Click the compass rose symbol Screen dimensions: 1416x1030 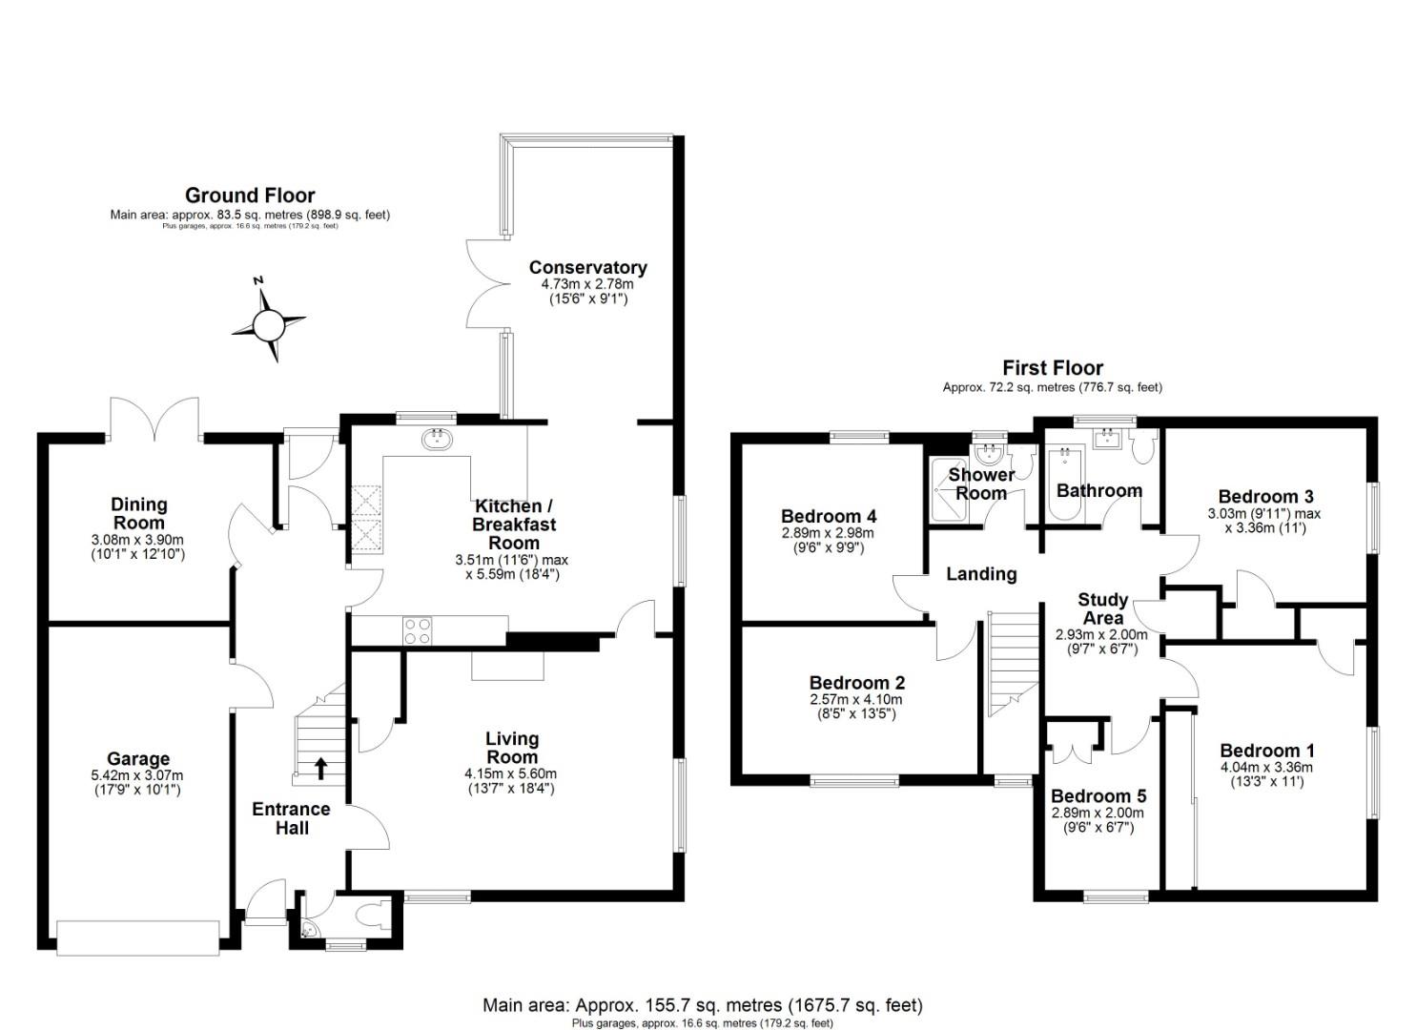269,325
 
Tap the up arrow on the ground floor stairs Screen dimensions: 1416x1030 321,769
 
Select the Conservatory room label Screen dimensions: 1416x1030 588,267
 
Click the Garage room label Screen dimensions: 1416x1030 138,759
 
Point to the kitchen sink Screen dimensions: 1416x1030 436,439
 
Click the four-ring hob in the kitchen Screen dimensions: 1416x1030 418,630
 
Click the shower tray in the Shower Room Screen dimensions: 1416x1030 948,489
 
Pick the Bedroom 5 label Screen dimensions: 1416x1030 1098,795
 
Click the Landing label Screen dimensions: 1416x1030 981,574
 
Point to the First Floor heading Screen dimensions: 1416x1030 1053,368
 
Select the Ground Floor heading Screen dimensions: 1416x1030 250,195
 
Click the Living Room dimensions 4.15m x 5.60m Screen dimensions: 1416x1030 511,773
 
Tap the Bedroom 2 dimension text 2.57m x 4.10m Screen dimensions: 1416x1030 856,699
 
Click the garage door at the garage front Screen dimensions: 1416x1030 138,938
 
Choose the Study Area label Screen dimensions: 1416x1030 1102,608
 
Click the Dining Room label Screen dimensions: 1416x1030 138,513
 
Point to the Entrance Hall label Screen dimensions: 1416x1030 291,818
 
